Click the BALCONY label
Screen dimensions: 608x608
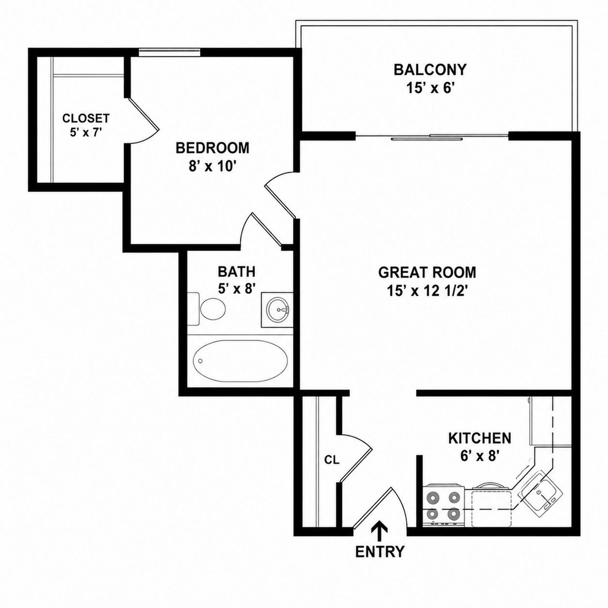(430, 70)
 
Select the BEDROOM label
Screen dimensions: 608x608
(212, 148)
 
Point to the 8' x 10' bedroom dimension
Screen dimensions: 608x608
(212, 166)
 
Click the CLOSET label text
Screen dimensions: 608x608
(86, 118)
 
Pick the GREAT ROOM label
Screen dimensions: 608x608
(427, 272)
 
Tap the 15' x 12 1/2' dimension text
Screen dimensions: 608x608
(427, 291)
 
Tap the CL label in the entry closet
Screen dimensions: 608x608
(332, 460)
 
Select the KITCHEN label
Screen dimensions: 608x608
(480, 438)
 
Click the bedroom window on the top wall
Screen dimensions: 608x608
(170, 52)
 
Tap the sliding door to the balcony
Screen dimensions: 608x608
(432, 136)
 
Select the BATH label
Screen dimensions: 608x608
(236, 272)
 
